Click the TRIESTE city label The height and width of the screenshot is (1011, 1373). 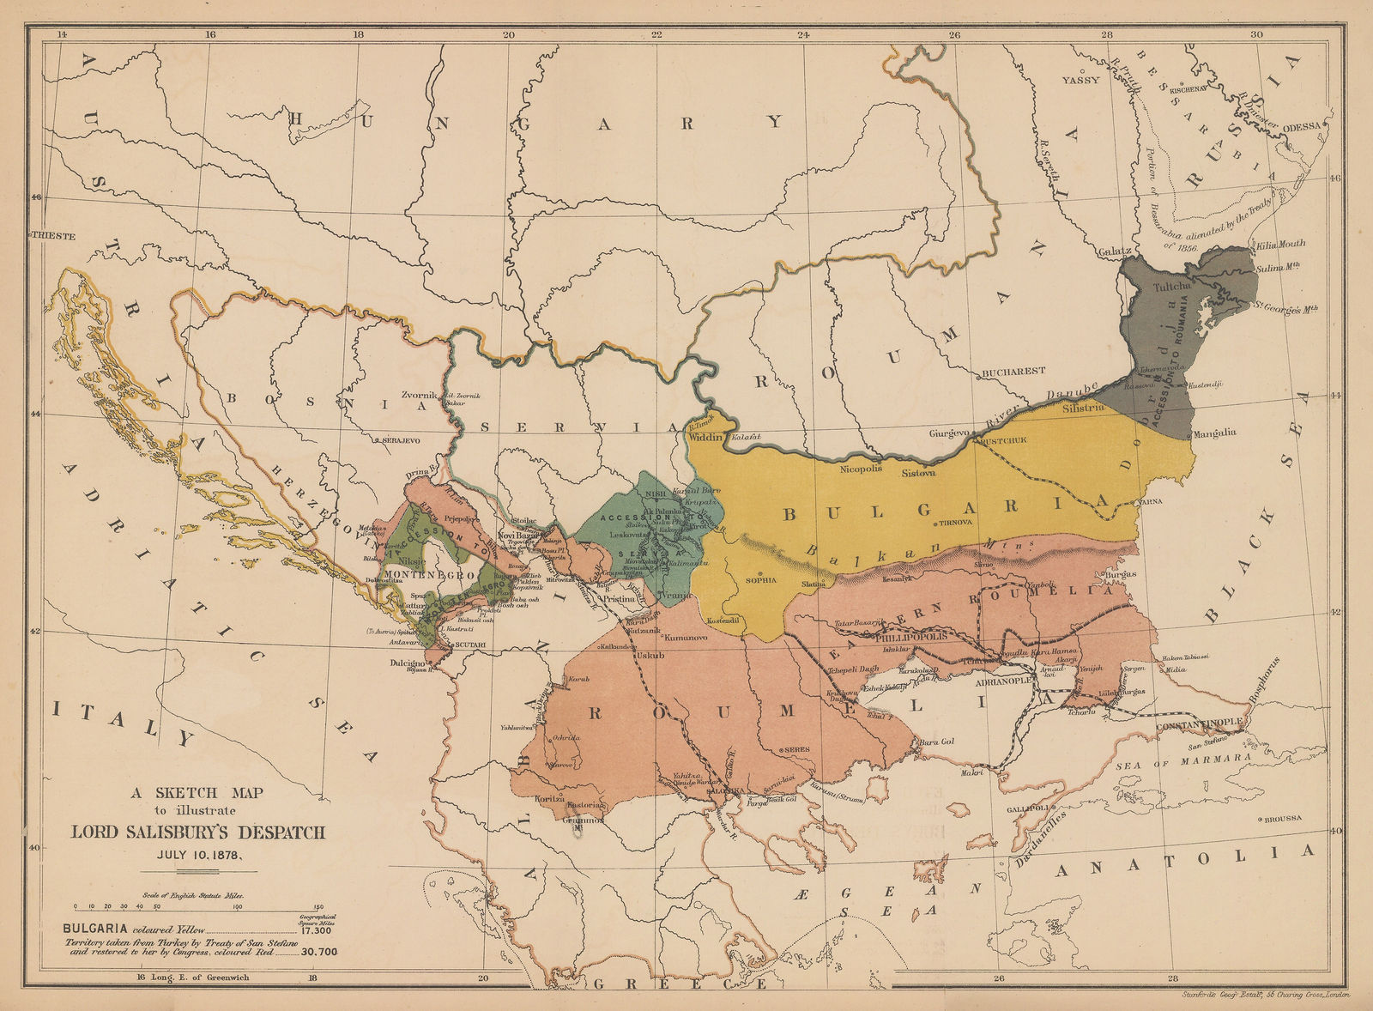[55, 235]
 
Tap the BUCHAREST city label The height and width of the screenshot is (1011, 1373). [1014, 372]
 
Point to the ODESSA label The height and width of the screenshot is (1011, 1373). [1303, 126]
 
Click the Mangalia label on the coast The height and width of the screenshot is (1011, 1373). [1213, 433]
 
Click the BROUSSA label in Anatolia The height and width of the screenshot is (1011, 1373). [1284, 819]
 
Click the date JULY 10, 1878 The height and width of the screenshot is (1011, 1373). [197, 853]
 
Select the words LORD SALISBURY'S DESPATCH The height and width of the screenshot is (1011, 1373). [197, 832]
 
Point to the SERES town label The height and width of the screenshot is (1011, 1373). [795, 749]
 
